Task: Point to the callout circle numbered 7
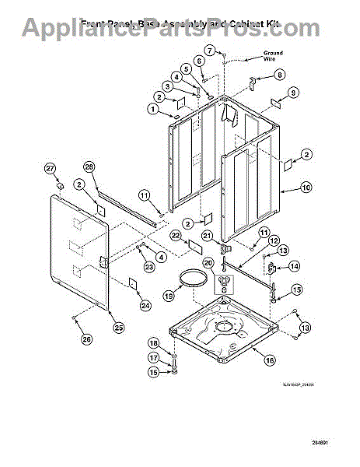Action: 221,51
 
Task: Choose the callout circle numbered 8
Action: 281,75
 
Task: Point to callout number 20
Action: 208,263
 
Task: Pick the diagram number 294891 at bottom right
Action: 333,444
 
